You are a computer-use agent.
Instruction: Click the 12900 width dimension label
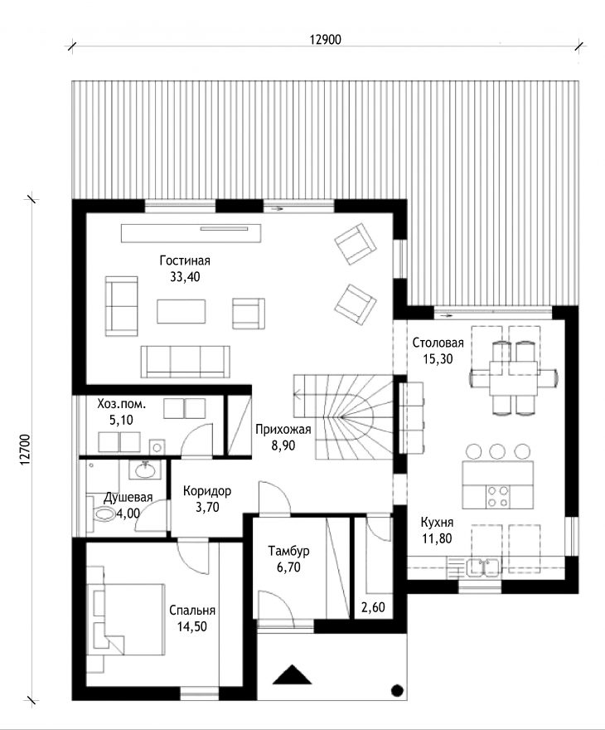click(325, 40)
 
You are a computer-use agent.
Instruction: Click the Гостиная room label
click(185, 260)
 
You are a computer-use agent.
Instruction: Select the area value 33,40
click(185, 277)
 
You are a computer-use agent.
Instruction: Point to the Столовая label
click(438, 343)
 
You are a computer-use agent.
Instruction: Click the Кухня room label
click(437, 522)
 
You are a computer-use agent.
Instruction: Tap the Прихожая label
click(283, 429)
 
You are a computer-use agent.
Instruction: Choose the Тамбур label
click(288, 551)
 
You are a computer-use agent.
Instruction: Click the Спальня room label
click(192, 611)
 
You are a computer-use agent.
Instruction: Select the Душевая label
click(128, 498)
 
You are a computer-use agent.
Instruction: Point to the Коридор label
click(207, 491)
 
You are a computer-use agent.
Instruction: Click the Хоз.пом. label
click(121, 404)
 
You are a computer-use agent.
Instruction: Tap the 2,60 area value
click(373, 607)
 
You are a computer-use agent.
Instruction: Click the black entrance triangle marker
click(292, 674)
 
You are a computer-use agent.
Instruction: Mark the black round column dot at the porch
click(397, 690)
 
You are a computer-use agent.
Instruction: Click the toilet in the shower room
click(101, 513)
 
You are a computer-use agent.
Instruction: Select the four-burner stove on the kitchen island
click(497, 496)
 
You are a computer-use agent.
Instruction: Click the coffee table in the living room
click(181, 311)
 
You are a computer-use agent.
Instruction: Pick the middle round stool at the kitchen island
click(497, 451)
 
